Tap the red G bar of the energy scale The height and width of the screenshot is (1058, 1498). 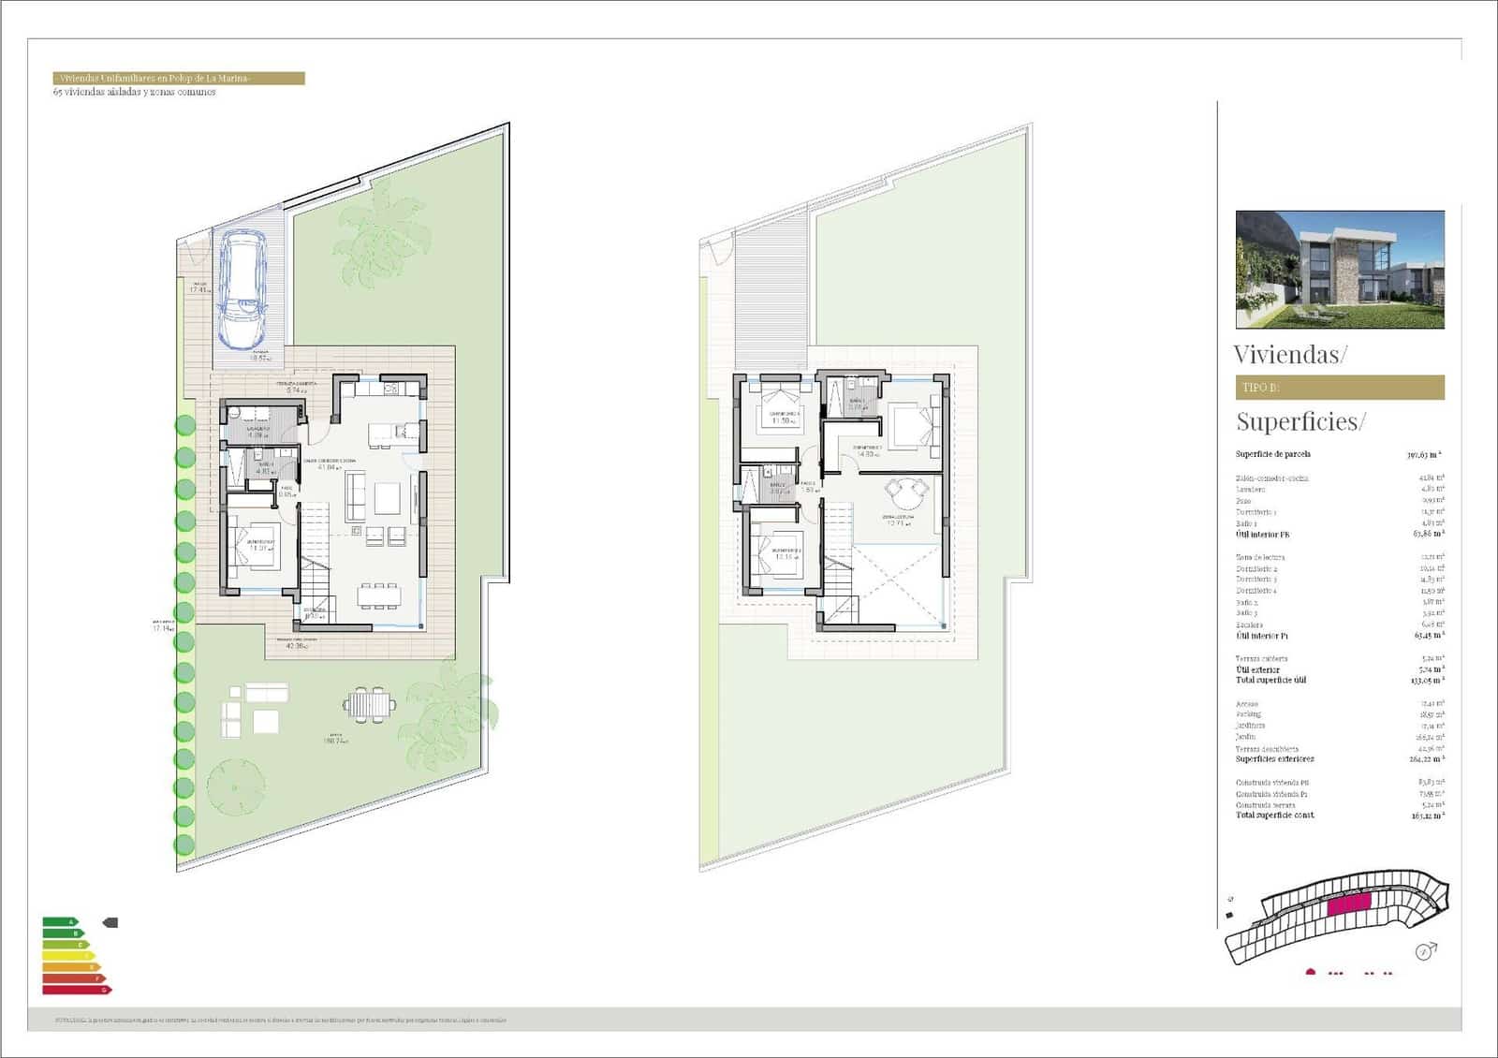(x=76, y=989)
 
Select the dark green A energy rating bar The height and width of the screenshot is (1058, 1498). (x=59, y=922)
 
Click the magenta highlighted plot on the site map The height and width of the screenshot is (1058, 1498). (x=1348, y=904)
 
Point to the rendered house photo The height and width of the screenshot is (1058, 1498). (x=1340, y=270)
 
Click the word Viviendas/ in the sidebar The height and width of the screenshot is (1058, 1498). (x=1290, y=355)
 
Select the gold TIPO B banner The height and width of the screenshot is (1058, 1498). (x=1340, y=388)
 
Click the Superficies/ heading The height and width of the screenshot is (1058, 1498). (x=1300, y=421)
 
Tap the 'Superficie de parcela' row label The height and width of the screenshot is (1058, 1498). (x=1272, y=454)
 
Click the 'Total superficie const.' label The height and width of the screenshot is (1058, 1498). (x=1274, y=815)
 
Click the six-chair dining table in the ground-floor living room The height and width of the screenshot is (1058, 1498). (x=379, y=594)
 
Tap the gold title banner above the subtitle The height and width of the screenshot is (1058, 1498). (x=179, y=79)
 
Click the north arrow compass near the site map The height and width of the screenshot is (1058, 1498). (x=1427, y=951)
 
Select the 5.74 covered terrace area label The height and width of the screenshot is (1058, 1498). (x=296, y=389)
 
